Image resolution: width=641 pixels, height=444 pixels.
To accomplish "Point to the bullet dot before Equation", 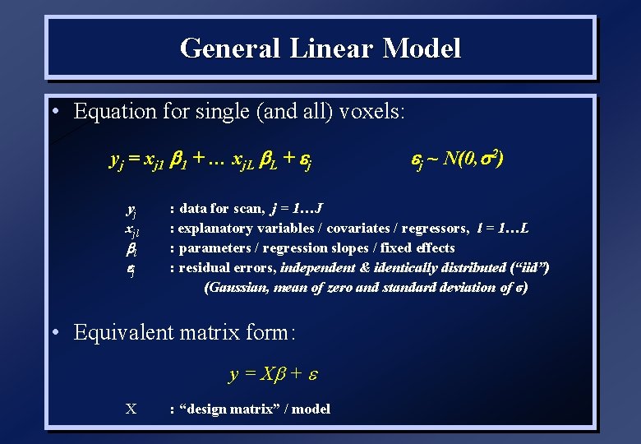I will click(x=53, y=110).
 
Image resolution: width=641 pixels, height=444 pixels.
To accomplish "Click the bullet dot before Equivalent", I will click(x=53, y=332).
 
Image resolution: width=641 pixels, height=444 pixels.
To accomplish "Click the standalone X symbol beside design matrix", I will click(x=130, y=409).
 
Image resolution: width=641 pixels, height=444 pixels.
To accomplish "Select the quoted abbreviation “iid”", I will click(x=526, y=267).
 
